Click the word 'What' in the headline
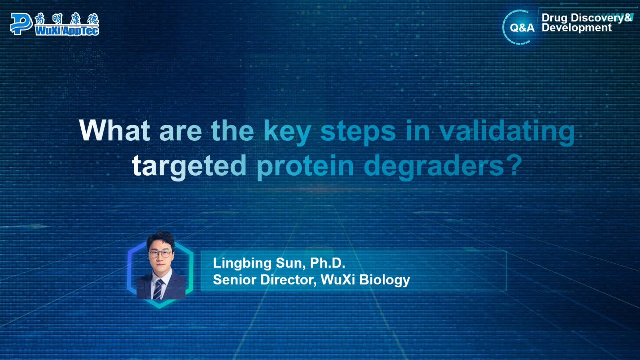[x=115, y=131]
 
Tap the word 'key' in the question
[x=287, y=133]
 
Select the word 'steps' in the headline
[x=358, y=133]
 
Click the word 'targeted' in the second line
[x=189, y=167]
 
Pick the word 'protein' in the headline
[x=305, y=167]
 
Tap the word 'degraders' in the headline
[x=434, y=167]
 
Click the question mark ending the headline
[x=514, y=165]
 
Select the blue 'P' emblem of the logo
[x=21, y=24]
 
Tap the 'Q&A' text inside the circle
[x=522, y=28]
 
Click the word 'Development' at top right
[x=577, y=28]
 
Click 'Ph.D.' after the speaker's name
[x=327, y=263]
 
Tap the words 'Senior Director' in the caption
[x=265, y=280]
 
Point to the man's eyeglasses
[x=160, y=254]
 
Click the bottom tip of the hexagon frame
[x=160, y=308]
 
